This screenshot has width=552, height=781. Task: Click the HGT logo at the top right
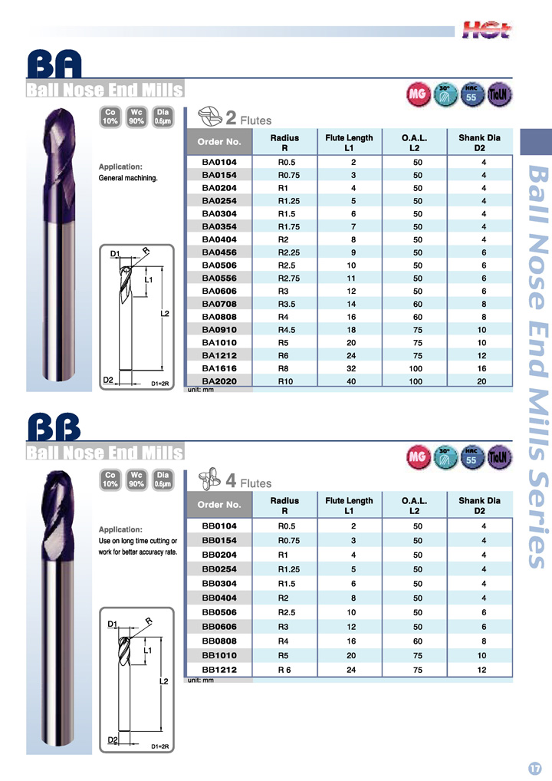[x=486, y=30]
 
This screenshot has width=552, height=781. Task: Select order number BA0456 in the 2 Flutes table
[x=219, y=252]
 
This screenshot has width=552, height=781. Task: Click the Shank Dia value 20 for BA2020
[x=481, y=381]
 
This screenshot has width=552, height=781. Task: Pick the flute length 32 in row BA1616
[x=351, y=368]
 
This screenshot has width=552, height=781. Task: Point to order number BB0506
[x=219, y=613]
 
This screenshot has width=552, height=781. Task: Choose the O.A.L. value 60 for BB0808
[x=417, y=641]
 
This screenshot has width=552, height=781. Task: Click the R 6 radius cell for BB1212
[x=284, y=671]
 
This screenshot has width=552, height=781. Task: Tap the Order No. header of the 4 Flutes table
[x=219, y=505]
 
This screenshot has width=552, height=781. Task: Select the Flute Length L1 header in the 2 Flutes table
[x=349, y=143]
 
